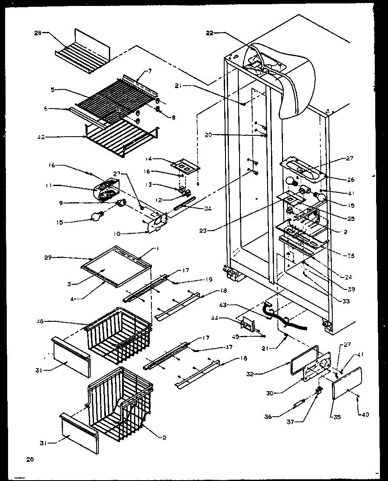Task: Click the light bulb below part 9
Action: click(x=97, y=218)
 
